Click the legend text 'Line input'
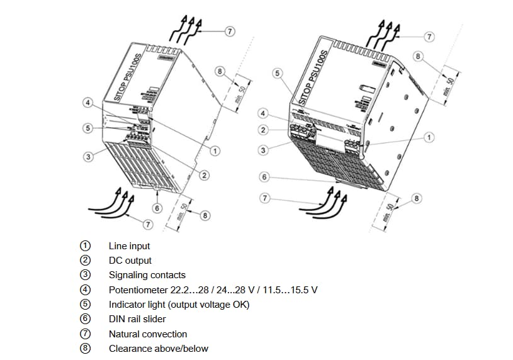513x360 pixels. pos(129,246)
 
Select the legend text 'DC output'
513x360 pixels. pos(130,261)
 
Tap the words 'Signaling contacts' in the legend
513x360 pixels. pos(147,275)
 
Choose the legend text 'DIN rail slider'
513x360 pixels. pos(137,319)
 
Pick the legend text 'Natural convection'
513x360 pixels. pos(147,334)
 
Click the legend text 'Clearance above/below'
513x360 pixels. pos(158,348)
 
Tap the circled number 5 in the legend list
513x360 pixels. pos(86,305)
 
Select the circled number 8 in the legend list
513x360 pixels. pos(86,348)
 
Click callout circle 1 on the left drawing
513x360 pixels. pos(215,151)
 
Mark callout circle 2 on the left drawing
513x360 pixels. pos(205,175)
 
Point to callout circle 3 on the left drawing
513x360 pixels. pos(89,156)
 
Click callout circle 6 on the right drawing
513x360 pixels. pos(264,177)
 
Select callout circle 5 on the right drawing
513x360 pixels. pos(276,74)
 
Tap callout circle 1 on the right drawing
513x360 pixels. pos(429,137)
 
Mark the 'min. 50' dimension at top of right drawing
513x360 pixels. pos(448,84)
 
